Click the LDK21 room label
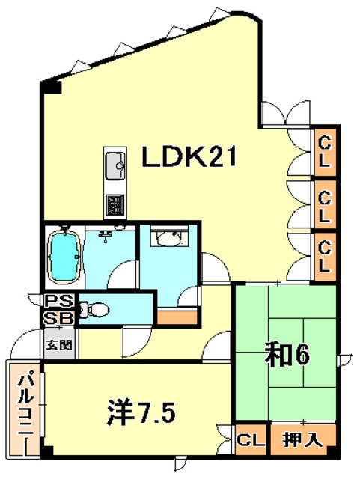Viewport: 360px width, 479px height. (190, 157)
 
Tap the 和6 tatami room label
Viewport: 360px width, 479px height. (286, 353)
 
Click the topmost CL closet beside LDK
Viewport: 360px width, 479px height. (326, 150)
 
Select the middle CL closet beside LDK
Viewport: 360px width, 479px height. (326, 204)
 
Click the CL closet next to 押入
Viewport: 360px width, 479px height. (250, 440)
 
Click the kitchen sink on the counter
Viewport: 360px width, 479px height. (115, 166)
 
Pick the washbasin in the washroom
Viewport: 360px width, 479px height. (165, 238)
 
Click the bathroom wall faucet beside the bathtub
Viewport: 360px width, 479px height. (106, 237)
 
